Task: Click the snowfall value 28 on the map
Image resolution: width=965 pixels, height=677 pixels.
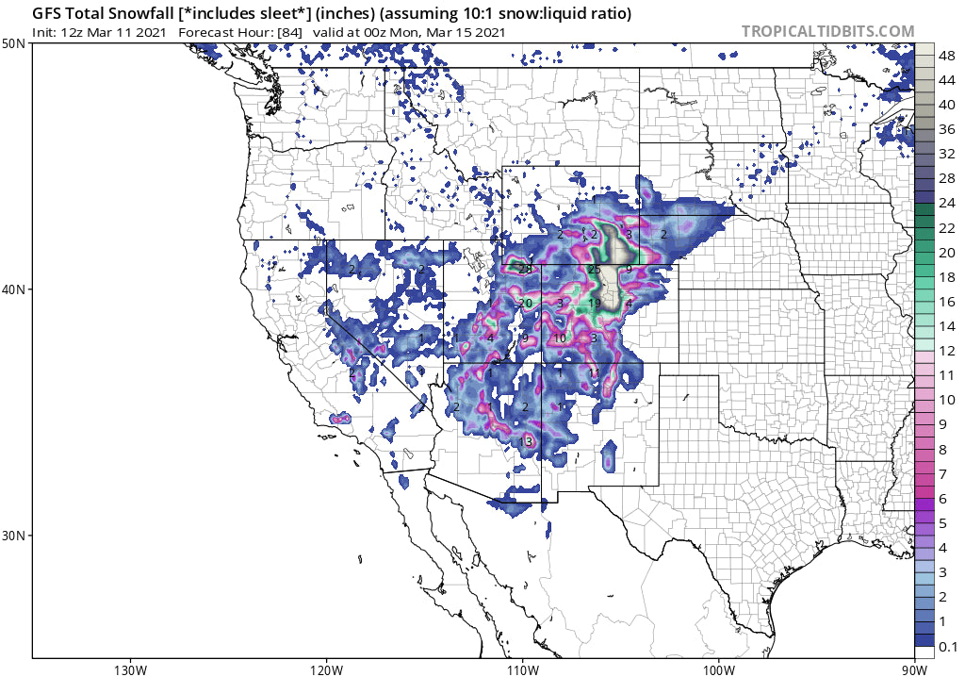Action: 526,269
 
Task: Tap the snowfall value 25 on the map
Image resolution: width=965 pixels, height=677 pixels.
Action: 594,270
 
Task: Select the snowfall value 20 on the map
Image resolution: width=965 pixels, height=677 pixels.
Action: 526,303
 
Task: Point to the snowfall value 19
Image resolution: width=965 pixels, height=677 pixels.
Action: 594,303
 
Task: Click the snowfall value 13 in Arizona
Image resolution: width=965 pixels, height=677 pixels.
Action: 526,441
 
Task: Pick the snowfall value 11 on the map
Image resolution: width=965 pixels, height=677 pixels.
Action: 594,372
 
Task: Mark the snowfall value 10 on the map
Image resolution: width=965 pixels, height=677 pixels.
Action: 560,338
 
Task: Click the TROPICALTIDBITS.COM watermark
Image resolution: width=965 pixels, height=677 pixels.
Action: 827,31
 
